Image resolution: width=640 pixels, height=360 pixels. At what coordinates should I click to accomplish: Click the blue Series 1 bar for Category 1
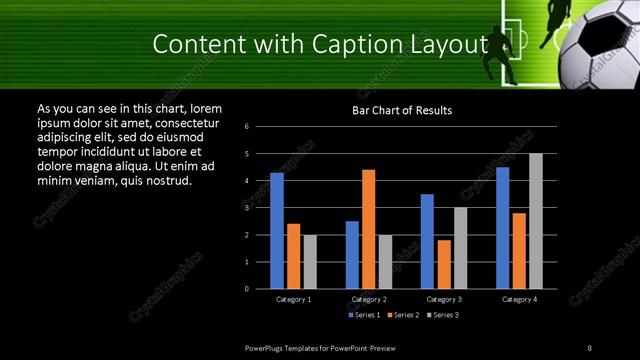click(277, 231)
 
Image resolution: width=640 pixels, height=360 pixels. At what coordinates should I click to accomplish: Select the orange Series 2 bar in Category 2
click(369, 229)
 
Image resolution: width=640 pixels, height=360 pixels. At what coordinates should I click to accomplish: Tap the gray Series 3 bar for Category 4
click(536, 221)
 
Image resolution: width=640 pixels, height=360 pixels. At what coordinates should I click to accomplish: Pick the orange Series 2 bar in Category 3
click(444, 264)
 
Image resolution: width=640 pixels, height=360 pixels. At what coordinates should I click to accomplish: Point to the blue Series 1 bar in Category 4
click(502, 228)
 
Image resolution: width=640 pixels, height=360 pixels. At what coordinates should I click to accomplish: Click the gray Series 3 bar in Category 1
click(310, 262)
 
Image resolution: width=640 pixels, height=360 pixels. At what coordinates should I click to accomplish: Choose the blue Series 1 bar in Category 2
click(352, 255)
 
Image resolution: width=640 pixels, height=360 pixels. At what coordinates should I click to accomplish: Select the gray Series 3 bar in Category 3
click(461, 248)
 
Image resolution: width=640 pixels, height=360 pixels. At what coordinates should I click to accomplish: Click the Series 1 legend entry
click(364, 315)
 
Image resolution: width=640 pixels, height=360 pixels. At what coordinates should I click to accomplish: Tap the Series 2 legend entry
click(404, 315)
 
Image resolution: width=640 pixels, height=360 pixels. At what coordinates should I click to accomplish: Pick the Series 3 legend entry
click(444, 315)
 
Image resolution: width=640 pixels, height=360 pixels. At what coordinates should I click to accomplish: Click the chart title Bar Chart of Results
click(402, 110)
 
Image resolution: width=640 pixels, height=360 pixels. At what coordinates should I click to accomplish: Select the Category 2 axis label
click(369, 299)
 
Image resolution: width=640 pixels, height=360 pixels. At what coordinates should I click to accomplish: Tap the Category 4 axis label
click(518, 299)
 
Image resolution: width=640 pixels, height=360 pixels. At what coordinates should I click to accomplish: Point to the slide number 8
click(590, 347)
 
